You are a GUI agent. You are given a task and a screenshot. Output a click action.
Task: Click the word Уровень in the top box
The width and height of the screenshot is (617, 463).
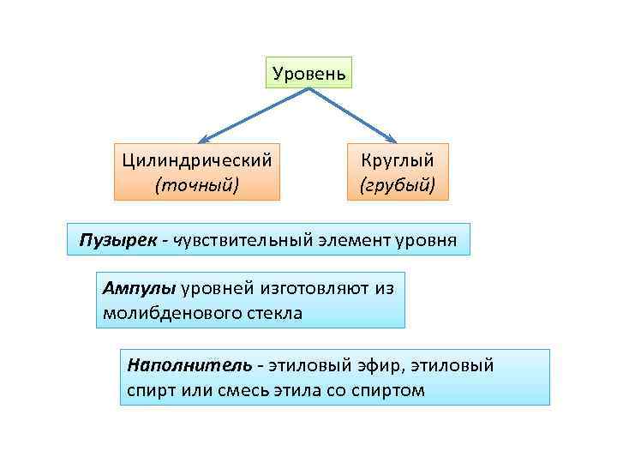click(308, 74)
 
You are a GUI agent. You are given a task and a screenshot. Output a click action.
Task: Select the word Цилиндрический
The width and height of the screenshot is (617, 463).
click(197, 160)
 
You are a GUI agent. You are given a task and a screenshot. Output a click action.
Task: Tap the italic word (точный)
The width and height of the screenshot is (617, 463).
click(196, 183)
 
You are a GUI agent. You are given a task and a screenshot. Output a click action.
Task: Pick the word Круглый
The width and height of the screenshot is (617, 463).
click(398, 160)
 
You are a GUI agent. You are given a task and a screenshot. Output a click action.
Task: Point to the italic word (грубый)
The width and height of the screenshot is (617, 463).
click(398, 183)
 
